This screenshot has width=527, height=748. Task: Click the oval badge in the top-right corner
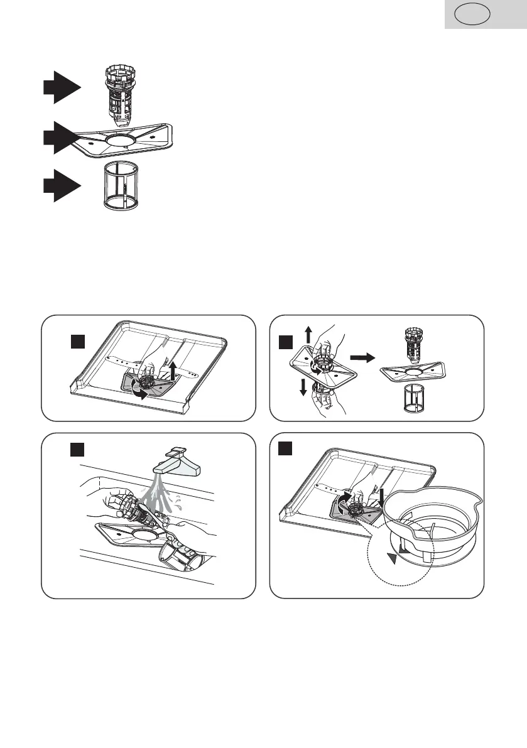tap(473, 14)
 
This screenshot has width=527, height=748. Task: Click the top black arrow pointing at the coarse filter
tap(62, 87)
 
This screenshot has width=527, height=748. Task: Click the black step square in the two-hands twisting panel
tap(287, 343)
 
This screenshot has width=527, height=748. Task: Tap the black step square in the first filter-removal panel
tap(77, 343)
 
